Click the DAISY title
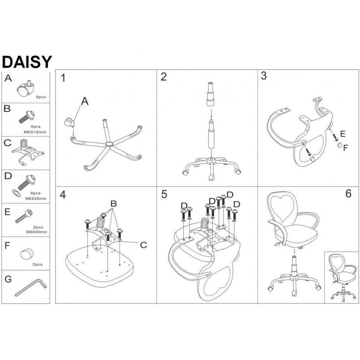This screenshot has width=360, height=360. pyautogui.click(x=27, y=62)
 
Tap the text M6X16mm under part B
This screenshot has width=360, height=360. pyautogui.click(x=35, y=132)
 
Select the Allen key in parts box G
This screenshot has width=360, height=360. pyautogui.click(x=30, y=287)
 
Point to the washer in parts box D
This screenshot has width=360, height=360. pyautogui.click(x=16, y=193)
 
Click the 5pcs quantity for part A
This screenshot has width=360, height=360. pyautogui.click(x=41, y=97)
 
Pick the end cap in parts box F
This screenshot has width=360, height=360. pyautogui.click(x=27, y=254)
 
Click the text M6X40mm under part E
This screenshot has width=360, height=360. pyautogui.click(x=37, y=232)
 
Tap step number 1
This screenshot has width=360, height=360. pyautogui.click(x=63, y=78)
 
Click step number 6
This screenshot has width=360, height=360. pyautogui.click(x=348, y=193)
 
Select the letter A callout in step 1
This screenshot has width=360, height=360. pyautogui.click(x=85, y=101)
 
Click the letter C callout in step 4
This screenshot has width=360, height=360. pyautogui.click(x=143, y=245)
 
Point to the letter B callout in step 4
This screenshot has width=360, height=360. pyautogui.click(x=113, y=203)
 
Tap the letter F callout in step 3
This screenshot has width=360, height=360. pyautogui.click(x=346, y=148)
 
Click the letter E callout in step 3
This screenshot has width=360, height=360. pyautogui.click(x=343, y=133)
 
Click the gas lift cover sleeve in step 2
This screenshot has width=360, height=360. pyautogui.click(x=210, y=94)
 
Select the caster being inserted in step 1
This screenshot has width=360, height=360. pyautogui.click(x=69, y=122)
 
